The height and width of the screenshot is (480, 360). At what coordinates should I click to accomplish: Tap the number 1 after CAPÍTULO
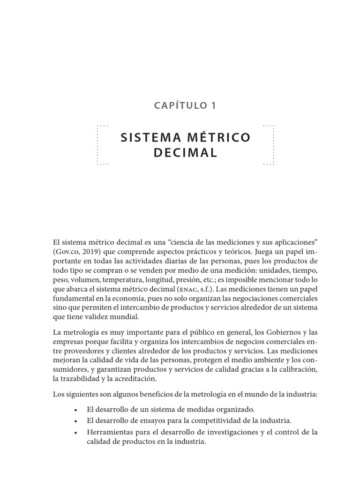pos(213,105)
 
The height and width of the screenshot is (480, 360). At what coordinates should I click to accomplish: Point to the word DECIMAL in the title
pos(185,153)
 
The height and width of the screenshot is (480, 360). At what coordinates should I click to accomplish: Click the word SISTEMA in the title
pos(147,137)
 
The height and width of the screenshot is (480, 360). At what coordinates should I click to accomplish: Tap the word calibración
pos(297,370)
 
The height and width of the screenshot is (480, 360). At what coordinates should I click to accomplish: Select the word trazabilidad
pos(83,380)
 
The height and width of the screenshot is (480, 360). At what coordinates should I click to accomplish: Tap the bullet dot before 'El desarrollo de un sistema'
pos(75,409)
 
